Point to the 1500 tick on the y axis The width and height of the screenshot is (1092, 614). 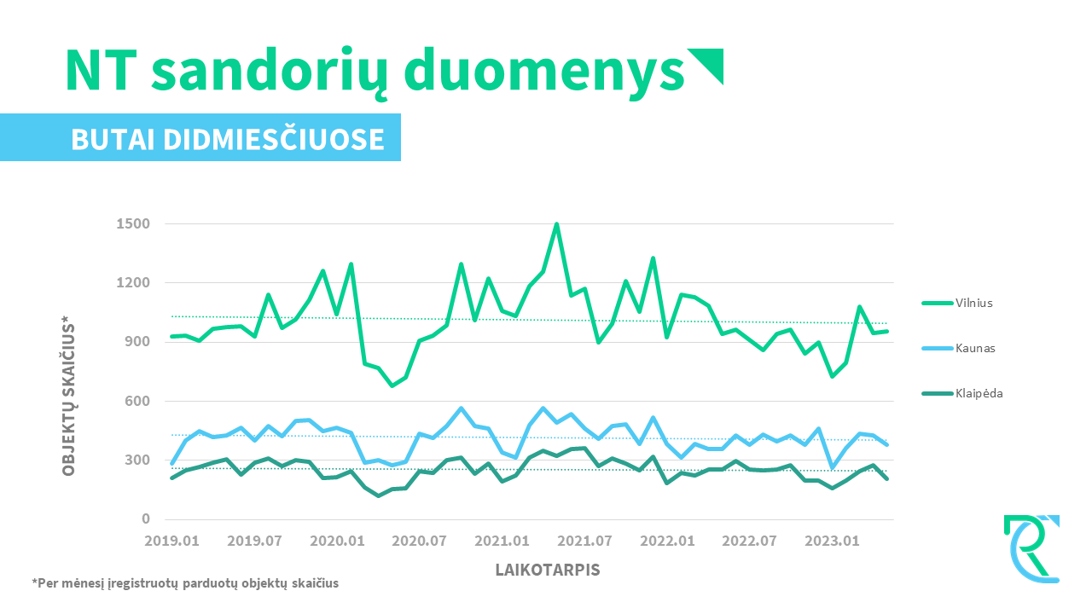click(x=133, y=223)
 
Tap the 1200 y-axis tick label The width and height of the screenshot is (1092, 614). click(x=133, y=283)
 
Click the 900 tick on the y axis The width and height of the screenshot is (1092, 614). click(x=136, y=342)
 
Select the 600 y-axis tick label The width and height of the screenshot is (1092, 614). click(x=136, y=401)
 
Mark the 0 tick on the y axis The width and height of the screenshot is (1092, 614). click(x=146, y=519)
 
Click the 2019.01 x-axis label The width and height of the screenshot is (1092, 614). click(x=171, y=541)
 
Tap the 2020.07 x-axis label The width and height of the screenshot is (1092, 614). click(x=420, y=541)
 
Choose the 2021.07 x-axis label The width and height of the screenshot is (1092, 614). click(x=585, y=541)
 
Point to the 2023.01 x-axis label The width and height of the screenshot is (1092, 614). click(x=834, y=541)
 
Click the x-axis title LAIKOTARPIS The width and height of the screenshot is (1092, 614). click(x=548, y=569)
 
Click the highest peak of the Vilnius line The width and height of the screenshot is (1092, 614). click(x=557, y=224)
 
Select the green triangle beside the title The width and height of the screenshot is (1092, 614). click(x=707, y=65)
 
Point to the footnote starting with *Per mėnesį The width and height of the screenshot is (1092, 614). click(x=185, y=584)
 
